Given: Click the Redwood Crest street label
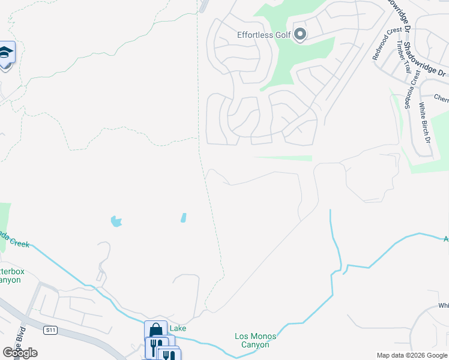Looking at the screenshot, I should tap(386, 43).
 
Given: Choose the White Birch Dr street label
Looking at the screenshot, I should tap(425, 122).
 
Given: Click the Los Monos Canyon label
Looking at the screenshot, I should tap(256, 340).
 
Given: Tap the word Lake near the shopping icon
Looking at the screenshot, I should tap(178, 328).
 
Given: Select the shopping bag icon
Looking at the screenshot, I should tap(155, 331).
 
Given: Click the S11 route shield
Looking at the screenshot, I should tap(50, 329).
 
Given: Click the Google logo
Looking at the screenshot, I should tap(20, 353).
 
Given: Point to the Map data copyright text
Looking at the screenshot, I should tap(411, 355).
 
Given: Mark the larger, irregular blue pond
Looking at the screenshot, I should tap(116, 221).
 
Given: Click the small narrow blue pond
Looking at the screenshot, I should tap(183, 218).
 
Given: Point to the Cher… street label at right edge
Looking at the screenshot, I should tap(441, 99).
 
